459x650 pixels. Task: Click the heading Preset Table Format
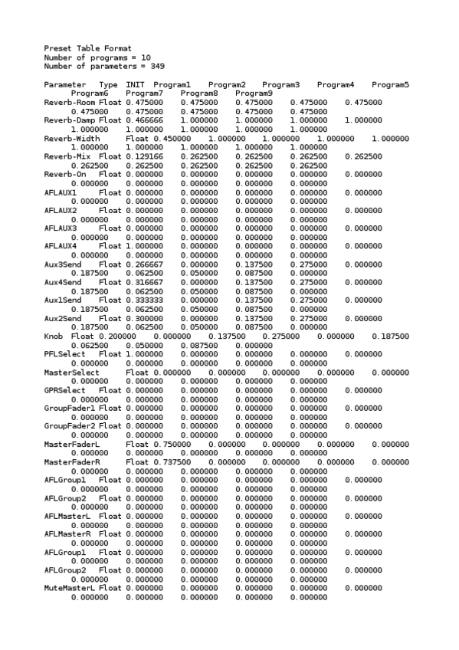click(x=77, y=48)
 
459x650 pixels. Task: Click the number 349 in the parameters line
click(x=157, y=66)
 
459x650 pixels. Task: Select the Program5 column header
click(x=390, y=84)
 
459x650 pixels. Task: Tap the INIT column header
click(x=135, y=84)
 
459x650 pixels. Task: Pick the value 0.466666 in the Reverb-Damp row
click(x=144, y=120)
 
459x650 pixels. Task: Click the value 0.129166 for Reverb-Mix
click(x=144, y=156)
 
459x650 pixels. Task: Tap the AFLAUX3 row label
click(x=61, y=228)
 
